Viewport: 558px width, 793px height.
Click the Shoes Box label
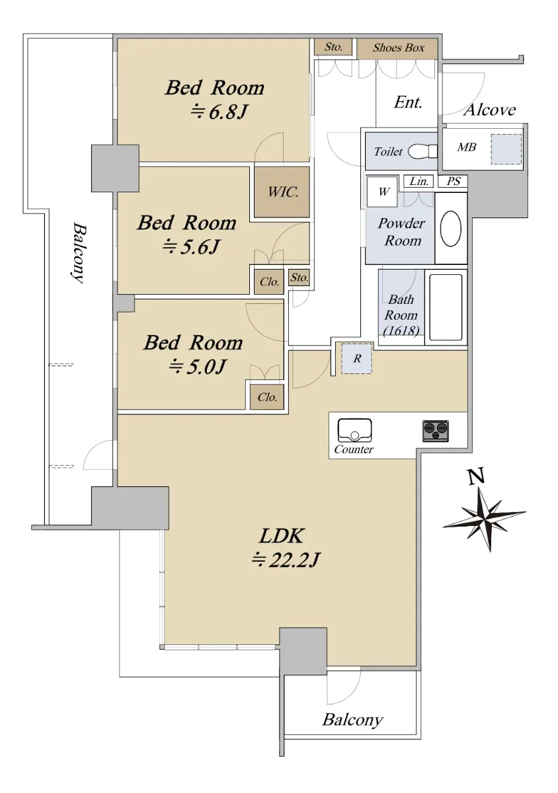[x=398, y=48]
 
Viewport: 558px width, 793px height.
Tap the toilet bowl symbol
[x=422, y=151]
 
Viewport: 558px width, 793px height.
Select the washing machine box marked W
[x=382, y=192]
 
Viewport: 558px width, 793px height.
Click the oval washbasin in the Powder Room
[x=450, y=229]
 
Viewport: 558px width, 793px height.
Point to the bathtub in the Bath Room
[x=446, y=307]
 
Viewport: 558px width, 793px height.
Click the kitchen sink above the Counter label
[x=354, y=430]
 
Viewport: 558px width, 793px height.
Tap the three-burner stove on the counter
[x=436, y=431]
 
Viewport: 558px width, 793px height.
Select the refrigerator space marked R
[x=356, y=358]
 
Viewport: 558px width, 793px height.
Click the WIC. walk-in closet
[x=282, y=192]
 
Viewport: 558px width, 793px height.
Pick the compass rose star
[x=484, y=519]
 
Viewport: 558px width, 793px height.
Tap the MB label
[x=466, y=147]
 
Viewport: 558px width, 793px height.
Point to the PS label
[x=454, y=181]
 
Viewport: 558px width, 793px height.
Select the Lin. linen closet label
[x=418, y=182]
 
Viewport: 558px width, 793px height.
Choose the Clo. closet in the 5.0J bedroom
[x=267, y=397]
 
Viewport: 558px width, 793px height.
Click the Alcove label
[x=489, y=110]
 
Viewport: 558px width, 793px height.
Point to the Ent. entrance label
[x=408, y=102]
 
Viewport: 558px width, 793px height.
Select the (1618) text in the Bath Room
[x=401, y=330]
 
